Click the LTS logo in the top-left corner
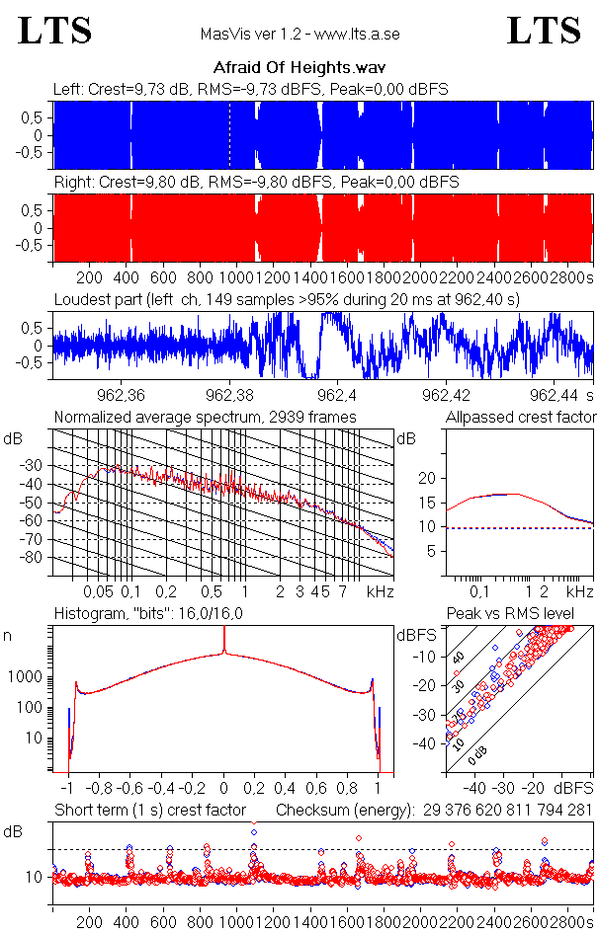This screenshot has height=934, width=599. tap(55, 31)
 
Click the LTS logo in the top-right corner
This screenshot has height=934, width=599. tap(544, 31)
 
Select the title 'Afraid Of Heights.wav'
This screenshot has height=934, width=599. tap(299, 68)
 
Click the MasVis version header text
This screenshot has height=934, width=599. tap(299, 35)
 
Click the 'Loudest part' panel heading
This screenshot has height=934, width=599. tap(287, 298)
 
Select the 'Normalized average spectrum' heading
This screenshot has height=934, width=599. tap(206, 417)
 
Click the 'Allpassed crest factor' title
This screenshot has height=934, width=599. tap(521, 417)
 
